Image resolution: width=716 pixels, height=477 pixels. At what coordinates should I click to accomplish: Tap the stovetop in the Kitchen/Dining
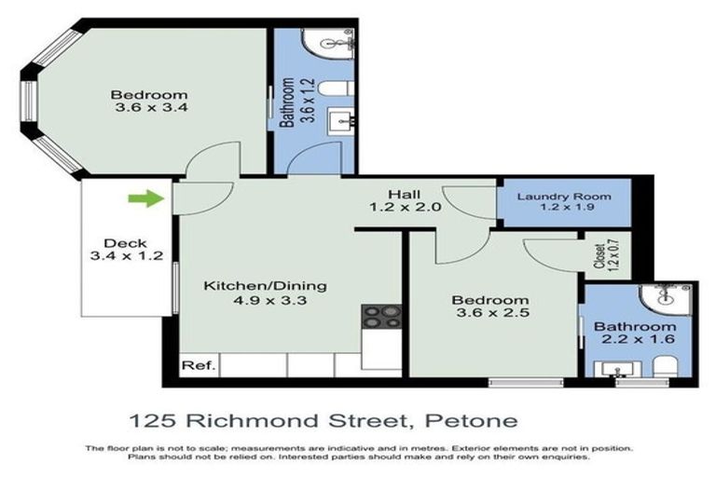click(380, 317)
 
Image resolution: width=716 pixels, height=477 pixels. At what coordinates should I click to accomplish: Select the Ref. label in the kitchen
click(197, 365)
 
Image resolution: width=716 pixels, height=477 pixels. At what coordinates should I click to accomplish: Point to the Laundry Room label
click(564, 197)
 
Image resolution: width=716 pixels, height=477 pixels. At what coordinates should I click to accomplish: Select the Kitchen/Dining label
click(265, 285)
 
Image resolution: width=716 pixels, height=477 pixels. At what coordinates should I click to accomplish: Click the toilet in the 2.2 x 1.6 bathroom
click(665, 370)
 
